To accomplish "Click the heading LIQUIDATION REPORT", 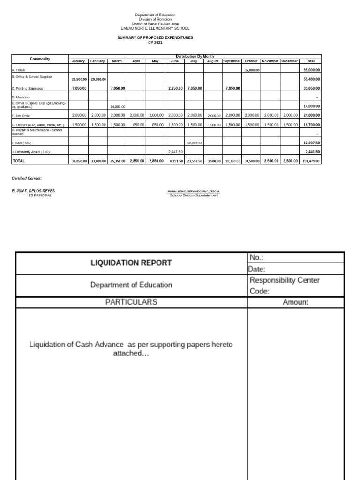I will pos(131,263).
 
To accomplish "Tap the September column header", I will pos(232,61).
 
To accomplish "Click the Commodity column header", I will pos(40,59).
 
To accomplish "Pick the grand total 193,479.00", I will pos(311,160).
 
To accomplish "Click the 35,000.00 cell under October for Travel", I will pos(251,70).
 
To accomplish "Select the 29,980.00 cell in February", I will pos(98,79).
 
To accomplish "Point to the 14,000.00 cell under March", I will pos(118,106).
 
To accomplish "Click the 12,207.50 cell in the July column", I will pos(194,143).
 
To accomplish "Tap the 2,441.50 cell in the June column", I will pos(175,152).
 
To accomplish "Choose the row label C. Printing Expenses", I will pos(30,88).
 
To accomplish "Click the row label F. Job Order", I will pos(22,115).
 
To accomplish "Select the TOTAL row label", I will pos(19,160).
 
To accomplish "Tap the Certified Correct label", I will pos(27,178).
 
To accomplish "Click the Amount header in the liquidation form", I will pos(295,302).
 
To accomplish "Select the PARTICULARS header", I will pos(131,302).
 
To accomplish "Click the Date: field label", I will pos(257,269).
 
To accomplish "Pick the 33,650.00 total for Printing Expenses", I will pos(311,88).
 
